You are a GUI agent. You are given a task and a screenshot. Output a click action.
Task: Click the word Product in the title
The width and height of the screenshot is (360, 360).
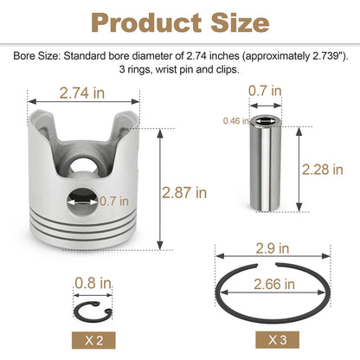pyautogui.click(x=146, y=23)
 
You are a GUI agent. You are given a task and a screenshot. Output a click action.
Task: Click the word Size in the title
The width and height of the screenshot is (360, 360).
pyautogui.click(x=240, y=23)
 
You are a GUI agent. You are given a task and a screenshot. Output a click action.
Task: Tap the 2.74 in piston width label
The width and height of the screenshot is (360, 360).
pyautogui.click(x=82, y=93)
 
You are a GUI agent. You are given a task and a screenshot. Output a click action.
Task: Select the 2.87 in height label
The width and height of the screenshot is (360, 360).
pyautogui.click(x=184, y=192)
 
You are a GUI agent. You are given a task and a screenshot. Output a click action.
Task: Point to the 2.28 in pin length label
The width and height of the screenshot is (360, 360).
pyautogui.click(x=323, y=170)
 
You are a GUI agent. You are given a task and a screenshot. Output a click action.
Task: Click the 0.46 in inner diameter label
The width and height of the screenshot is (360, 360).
pyautogui.click(x=236, y=121)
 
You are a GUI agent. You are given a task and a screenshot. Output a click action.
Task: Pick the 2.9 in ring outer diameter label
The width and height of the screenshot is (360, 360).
pyautogui.click(x=273, y=248)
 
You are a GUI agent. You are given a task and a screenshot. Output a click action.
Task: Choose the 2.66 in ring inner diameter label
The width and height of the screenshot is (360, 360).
pyautogui.click(x=274, y=285)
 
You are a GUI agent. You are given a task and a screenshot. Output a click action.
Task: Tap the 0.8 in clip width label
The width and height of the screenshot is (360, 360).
pyautogui.click(x=93, y=283)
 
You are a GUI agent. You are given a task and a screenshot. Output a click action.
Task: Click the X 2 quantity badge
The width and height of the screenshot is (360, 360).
pyautogui.click(x=93, y=340)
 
